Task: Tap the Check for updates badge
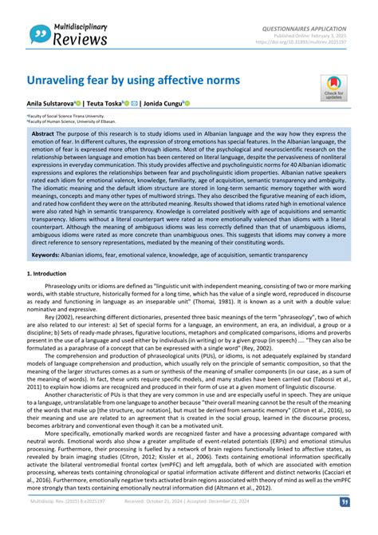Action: click(x=333, y=89)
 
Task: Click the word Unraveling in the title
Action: click(x=60, y=82)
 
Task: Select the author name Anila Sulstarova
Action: click(x=49, y=104)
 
